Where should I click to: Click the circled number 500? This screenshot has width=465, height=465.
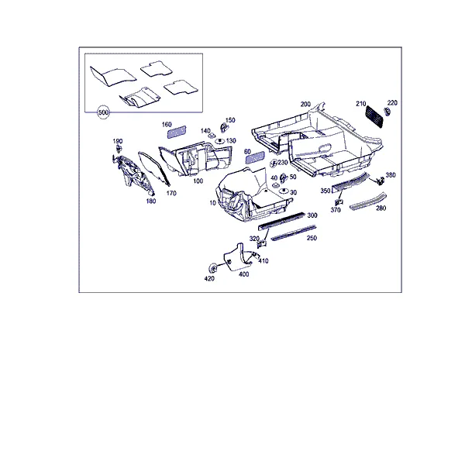(103, 112)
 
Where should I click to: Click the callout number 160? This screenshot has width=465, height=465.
(167, 125)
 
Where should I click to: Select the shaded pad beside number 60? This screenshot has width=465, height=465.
(255, 157)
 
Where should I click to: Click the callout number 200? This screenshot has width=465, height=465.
(305, 104)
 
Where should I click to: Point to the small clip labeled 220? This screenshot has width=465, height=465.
(387, 112)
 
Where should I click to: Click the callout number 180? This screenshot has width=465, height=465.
(151, 201)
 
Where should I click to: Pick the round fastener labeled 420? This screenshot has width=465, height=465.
(212, 268)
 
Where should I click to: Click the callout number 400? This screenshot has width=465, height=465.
(244, 274)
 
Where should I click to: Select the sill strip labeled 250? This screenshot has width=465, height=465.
(294, 232)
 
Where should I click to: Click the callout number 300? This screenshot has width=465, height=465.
(312, 215)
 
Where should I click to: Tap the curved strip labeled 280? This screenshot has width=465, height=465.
(368, 201)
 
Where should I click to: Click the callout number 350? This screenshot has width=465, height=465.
(325, 191)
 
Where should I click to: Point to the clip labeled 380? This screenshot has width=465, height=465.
(380, 181)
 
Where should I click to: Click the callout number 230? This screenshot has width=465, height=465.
(283, 163)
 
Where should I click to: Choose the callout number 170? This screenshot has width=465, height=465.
(171, 193)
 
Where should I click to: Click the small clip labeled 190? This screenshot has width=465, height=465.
(119, 149)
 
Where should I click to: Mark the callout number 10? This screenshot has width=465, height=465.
(212, 203)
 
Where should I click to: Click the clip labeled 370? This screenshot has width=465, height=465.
(339, 202)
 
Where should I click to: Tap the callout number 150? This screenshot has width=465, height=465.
(230, 120)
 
